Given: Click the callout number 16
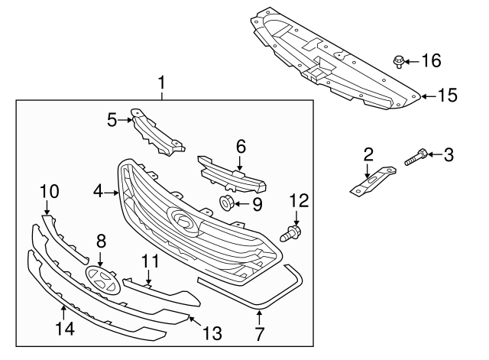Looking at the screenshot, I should tap(432, 60).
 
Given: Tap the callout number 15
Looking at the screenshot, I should tap(447, 96).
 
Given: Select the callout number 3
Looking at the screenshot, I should tap(449, 155).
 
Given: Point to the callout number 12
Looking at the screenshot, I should tap(298, 201).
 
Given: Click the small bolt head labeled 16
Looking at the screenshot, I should tap(400, 60).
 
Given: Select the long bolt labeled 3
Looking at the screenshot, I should tap(413, 157).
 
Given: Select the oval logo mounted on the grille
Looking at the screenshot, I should tap(183, 221).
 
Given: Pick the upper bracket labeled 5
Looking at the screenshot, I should tap(156, 133).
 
